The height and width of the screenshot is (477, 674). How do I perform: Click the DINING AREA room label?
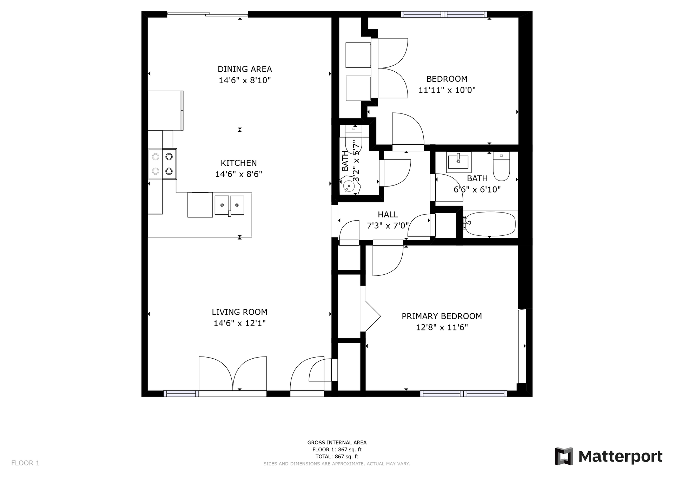pyautogui.click(x=245, y=69)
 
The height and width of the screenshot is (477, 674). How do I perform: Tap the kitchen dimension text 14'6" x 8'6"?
pyautogui.click(x=239, y=174)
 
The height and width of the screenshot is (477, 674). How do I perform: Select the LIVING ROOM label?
pyautogui.click(x=239, y=312)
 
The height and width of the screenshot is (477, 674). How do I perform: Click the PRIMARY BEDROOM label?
pyautogui.click(x=442, y=316)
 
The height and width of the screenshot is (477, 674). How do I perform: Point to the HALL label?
pyautogui.click(x=388, y=215)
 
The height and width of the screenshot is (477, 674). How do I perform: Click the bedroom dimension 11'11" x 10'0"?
pyautogui.click(x=447, y=90)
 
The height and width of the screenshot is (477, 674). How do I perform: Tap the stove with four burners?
pyautogui.click(x=162, y=164)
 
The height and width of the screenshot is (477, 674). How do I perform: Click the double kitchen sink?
pyautogui.click(x=230, y=205)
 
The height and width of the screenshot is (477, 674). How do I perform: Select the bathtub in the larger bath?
pyautogui.click(x=490, y=224)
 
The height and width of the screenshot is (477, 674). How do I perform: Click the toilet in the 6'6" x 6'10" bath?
pyautogui.click(x=501, y=166)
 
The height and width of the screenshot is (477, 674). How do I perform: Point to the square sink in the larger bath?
pyautogui.click(x=458, y=162)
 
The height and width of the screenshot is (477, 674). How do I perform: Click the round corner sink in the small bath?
pyautogui.click(x=349, y=185)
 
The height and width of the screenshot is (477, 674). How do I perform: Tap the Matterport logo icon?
pyautogui.click(x=564, y=456)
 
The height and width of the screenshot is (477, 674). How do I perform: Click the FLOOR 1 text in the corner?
pyautogui.click(x=25, y=463)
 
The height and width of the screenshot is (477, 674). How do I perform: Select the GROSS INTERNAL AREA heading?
pyautogui.click(x=337, y=443)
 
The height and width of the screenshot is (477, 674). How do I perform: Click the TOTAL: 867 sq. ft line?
pyautogui.click(x=337, y=457)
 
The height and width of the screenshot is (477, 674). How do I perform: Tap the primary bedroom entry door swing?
pyautogui.click(x=388, y=260)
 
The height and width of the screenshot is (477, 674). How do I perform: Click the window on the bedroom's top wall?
pyautogui.click(x=444, y=14)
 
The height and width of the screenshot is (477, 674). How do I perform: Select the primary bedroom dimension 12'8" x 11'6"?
pyautogui.click(x=442, y=327)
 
